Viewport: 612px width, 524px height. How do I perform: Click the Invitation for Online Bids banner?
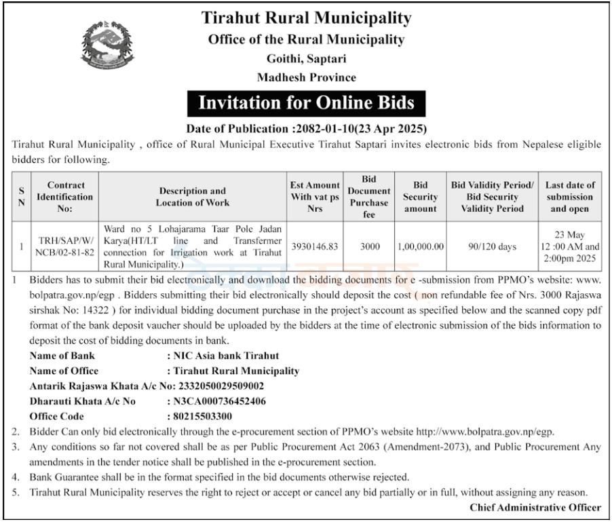pyautogui.click(x=306, y=103)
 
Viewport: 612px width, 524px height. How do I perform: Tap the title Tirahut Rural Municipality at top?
pyautogui.click(x=306, y=18)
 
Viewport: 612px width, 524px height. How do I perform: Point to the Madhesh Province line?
pyautogui.click(x=306, y=77)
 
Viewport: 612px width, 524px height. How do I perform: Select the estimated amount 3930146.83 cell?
pyautogui.click(x=314, y=247)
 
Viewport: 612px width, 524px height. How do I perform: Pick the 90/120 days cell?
pyautogui.click(x=492, y=247)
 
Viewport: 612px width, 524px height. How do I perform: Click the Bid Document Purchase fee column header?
pyautogui.click(x=369, y=197)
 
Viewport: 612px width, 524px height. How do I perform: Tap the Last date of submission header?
pyautogui.click(x=570, y=197)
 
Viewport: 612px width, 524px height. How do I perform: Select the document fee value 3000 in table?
pyautogui.click(x=369, y=247)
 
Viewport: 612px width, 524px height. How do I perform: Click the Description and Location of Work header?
pyautogui.click(x=193, y=197)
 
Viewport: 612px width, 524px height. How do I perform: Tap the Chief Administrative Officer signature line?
pyautogui.click(x=535, y=508)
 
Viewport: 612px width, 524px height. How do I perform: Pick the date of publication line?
pyautogui.click(x=306, y=128)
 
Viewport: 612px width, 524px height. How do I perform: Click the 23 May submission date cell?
pyautogui.click(x=570, y=247)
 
